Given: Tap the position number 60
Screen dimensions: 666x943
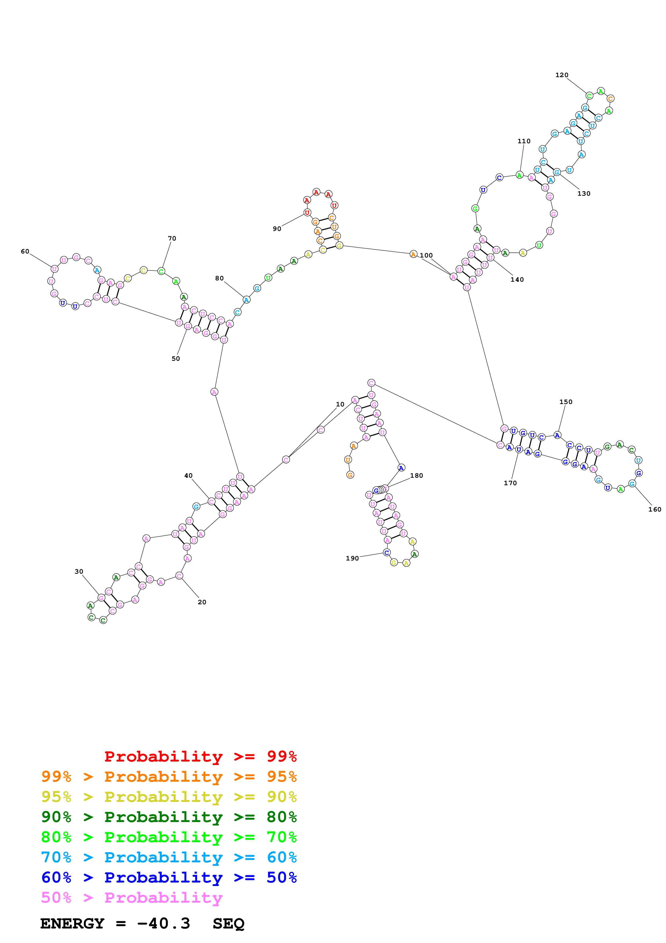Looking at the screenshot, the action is (25, 251).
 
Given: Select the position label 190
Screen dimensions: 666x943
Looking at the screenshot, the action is (352, 558).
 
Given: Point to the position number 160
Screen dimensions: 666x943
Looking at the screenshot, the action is (654, 509).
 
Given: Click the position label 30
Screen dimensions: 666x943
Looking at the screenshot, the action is (79, 571).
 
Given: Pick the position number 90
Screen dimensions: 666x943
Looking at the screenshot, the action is (277, 229).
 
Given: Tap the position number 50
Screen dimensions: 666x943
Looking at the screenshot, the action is (176, 359).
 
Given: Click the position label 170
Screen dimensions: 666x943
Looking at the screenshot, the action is (510, 483).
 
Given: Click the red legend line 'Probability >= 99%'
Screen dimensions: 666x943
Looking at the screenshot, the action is (200, 756).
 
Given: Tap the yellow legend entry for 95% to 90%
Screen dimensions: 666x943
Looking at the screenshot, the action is (169, 796).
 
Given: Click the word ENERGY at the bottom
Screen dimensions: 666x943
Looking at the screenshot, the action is (72, 923).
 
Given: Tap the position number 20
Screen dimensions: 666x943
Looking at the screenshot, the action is (202, 602).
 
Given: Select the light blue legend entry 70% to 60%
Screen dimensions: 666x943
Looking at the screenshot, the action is (169, 857).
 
